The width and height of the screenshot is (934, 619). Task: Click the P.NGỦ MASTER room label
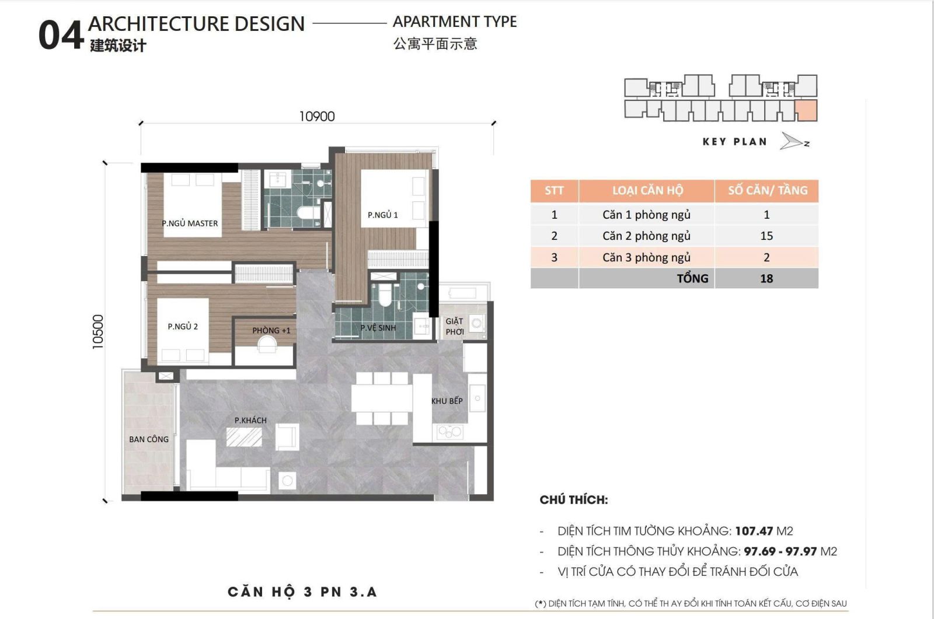[190, 223]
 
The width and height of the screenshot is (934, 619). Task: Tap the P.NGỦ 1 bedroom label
[382, 215]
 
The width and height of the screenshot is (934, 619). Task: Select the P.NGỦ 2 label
[183, 327]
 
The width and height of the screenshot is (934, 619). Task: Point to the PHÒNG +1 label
[271, 330]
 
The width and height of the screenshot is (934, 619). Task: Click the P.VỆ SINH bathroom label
[378, 328]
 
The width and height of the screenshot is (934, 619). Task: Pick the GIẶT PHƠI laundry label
[454, 327]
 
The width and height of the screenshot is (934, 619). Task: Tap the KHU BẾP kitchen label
[447, 401]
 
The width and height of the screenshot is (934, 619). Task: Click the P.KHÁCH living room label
[250, 420]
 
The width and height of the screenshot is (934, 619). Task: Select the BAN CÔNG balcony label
[148, 439]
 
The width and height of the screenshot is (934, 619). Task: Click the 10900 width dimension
[317, 117]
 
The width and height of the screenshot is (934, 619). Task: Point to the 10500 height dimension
[98, 332]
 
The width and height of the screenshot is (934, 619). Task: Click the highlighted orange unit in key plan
[806, 110]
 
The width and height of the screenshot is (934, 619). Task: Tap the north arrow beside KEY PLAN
[793, 142]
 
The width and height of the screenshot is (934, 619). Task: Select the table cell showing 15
[766, 236]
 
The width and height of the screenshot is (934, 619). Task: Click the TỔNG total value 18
[766, 279]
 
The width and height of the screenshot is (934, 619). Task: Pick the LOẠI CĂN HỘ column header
[647, 191]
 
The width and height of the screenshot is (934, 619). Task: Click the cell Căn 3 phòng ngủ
[646, 257]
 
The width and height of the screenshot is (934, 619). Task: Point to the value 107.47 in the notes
[754, 531]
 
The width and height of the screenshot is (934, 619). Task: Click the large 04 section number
[61, 35]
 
